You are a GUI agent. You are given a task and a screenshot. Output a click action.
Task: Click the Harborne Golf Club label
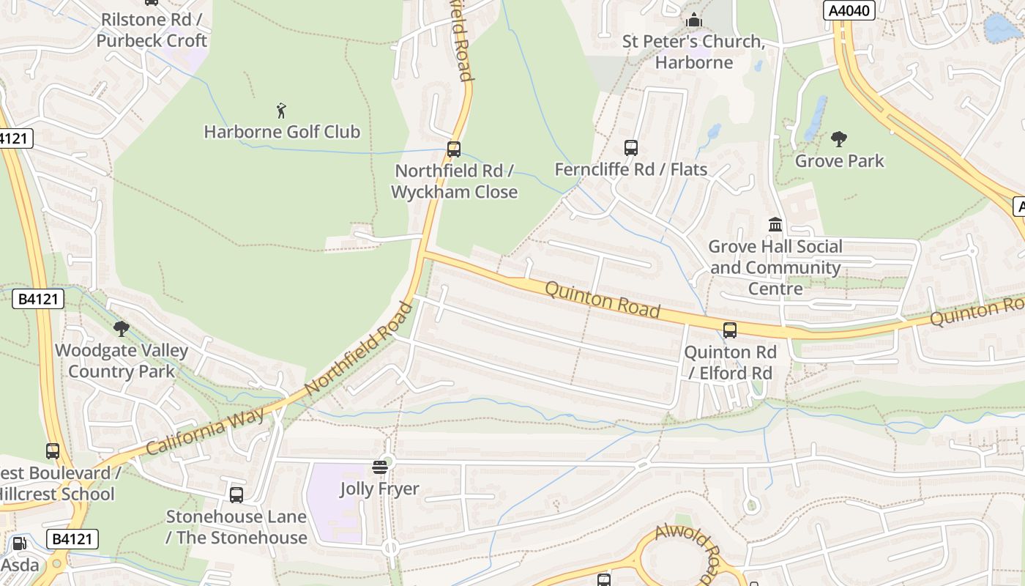(282, 132)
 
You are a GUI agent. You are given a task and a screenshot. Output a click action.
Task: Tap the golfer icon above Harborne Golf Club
(281, 111)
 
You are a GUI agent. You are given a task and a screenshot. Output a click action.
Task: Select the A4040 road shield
(849, 10)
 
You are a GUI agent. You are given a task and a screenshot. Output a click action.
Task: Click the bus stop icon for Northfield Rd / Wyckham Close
(454, 149)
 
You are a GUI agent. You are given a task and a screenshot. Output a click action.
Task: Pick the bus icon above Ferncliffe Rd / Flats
(631, 148)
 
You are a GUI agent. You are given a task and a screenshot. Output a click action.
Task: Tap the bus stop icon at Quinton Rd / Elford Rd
(730, 330)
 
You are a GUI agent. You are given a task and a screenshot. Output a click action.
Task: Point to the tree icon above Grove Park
(839, 138)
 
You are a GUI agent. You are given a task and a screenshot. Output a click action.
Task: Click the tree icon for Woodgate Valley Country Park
(122, 329)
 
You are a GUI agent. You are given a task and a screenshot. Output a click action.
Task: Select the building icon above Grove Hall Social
(775, 224)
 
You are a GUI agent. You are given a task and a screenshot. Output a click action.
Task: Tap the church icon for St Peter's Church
(693, 20)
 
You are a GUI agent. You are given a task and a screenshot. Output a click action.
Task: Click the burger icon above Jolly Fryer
(379, 467)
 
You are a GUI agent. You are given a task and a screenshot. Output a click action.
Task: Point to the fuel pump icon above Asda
(20, 544)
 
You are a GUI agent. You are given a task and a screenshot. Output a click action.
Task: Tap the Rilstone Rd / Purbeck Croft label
(152, 30)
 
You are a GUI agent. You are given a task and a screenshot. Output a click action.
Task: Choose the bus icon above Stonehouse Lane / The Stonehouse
(236, 495)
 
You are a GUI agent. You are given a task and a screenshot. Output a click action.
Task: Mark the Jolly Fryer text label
(379, 489)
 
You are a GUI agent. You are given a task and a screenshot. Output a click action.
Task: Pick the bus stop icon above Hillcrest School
(52, 451)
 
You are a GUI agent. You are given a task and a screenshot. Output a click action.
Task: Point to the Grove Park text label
(840, 160)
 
